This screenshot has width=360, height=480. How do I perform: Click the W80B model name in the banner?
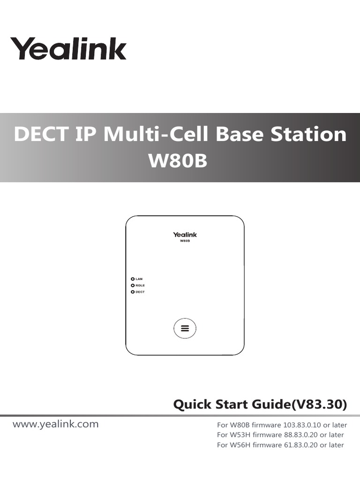(178, 161)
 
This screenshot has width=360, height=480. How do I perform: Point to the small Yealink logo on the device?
(185, 234)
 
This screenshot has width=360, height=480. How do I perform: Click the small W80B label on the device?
(185, 241)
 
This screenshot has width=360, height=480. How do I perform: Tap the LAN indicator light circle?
(133, 279)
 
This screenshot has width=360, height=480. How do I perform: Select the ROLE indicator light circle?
(133, 285)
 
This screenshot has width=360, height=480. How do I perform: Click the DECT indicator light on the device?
(133, 292)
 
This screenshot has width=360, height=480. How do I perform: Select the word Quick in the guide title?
(192, 405)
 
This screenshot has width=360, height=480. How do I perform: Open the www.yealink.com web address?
(56, 424)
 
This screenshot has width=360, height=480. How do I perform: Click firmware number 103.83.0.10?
(301, 426)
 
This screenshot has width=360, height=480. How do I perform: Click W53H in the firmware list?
(240, 435)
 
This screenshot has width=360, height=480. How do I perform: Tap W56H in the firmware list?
(240, 445)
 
